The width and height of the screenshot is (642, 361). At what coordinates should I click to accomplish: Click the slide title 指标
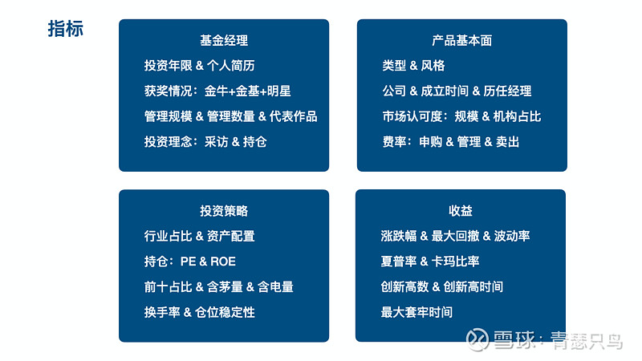[x=66, y=29]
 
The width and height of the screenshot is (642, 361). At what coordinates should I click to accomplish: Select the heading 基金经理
[x=224, y=40]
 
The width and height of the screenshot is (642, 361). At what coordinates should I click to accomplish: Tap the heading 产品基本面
[x=462, y=40]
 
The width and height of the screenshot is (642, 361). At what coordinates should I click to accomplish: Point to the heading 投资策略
[x=224, y=211]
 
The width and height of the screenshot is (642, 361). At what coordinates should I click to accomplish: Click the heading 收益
[x=461, y=211]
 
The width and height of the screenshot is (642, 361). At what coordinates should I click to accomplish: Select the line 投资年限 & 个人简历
[x=199, y=66]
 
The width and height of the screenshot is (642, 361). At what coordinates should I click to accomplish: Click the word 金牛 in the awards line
[x=216, y=91]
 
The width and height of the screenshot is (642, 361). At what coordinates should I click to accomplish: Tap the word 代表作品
[x=293, y=116]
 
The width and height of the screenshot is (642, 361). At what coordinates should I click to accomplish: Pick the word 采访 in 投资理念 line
[x=216, y=142]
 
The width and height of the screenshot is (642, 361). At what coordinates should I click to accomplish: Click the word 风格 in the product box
[x=433, y=66]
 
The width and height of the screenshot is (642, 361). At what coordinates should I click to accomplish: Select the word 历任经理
[x=507, y=91]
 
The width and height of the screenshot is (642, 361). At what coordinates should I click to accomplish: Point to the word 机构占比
[x=517, y=116]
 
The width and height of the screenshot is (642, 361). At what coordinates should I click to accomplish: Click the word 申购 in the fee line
[x=431, y=142]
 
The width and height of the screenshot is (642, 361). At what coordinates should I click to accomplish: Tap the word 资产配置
[x=231, y=236]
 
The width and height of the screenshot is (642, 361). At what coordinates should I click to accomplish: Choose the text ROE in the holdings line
[x=223, y=262]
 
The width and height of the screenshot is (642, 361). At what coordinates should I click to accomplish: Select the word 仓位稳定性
[x=225, y=312]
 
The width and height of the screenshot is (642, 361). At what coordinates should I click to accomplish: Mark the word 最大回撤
[x=455, y=236]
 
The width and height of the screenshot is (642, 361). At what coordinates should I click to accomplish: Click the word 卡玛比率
[x=455, y=262]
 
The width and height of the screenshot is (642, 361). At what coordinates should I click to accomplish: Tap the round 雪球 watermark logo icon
[x=477, y=339]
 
